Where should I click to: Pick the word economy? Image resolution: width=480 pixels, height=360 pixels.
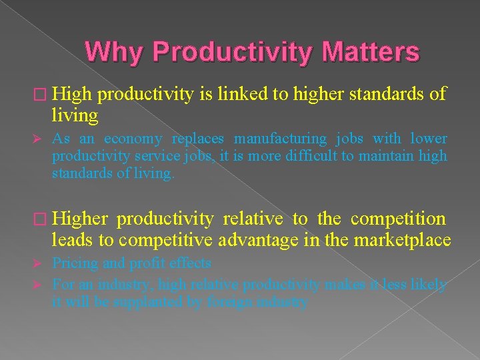[x=133, y=139]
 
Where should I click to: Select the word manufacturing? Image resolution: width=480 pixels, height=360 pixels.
[x=280, y=139]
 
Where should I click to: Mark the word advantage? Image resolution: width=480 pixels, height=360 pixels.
[x=267, y=240]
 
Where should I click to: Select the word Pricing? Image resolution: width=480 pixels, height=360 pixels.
[x=75, y=263]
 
